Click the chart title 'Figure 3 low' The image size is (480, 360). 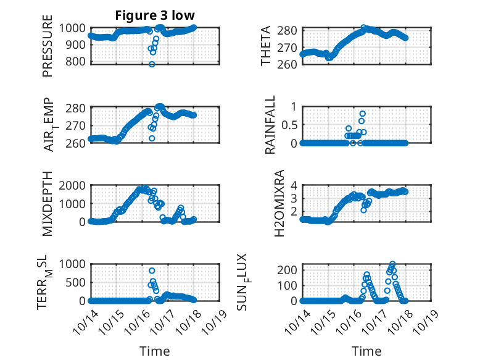tap(155, 15)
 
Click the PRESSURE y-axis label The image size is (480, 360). tap(48, 49)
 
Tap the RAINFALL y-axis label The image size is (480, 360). tap(270, 126)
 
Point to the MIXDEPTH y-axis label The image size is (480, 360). tap(48, 204)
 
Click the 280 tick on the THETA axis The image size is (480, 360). tap(290, 30)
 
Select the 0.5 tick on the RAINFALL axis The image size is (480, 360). tap(289, 125)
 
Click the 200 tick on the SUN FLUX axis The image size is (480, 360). tap(287, 270)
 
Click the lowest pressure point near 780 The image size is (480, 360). tap(152, 64)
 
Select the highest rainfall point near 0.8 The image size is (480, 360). tap(362, 114)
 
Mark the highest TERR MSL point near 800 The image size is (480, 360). tap(152, 270)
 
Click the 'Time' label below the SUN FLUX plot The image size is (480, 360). tap(366, 351)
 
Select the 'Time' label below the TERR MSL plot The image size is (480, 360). tap(155, 351)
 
